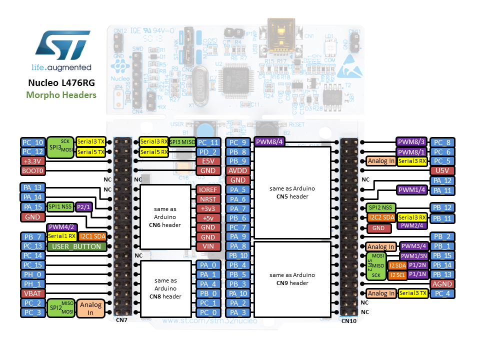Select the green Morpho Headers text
click(61, 95)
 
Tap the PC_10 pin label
click(32, 142)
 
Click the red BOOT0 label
click(32, 170)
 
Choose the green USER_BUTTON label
click(77, 246)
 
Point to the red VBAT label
click(32, 293)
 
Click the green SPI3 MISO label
click(182, 142)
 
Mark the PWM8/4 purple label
click(270, 142)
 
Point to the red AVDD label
click(238, 170)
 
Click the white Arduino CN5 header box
click(292, 192)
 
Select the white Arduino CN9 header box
click(292, 279)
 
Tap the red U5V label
click(442, 170)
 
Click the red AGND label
click(442, 284)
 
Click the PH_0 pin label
click(32, 274)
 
